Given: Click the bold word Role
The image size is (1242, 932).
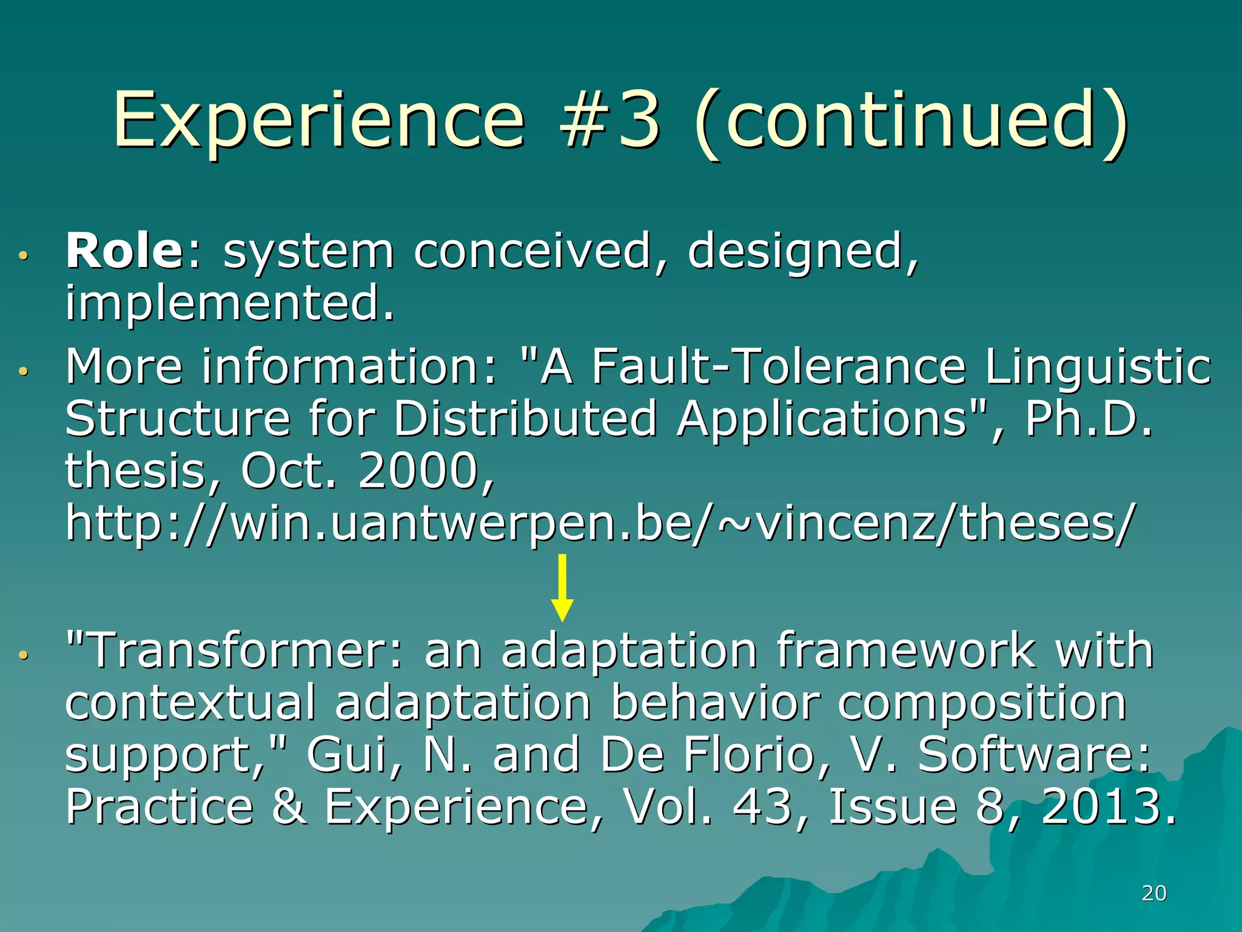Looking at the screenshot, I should pos(124,251).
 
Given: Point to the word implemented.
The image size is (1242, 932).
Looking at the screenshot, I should pos(230,303).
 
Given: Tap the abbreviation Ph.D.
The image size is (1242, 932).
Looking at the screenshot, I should pos(1088,419).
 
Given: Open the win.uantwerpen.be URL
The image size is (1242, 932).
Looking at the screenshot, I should pos(598,523).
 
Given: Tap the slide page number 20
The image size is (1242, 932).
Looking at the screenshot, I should pos(1154,893).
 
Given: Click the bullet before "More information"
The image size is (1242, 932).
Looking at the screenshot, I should pos(23,371).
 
